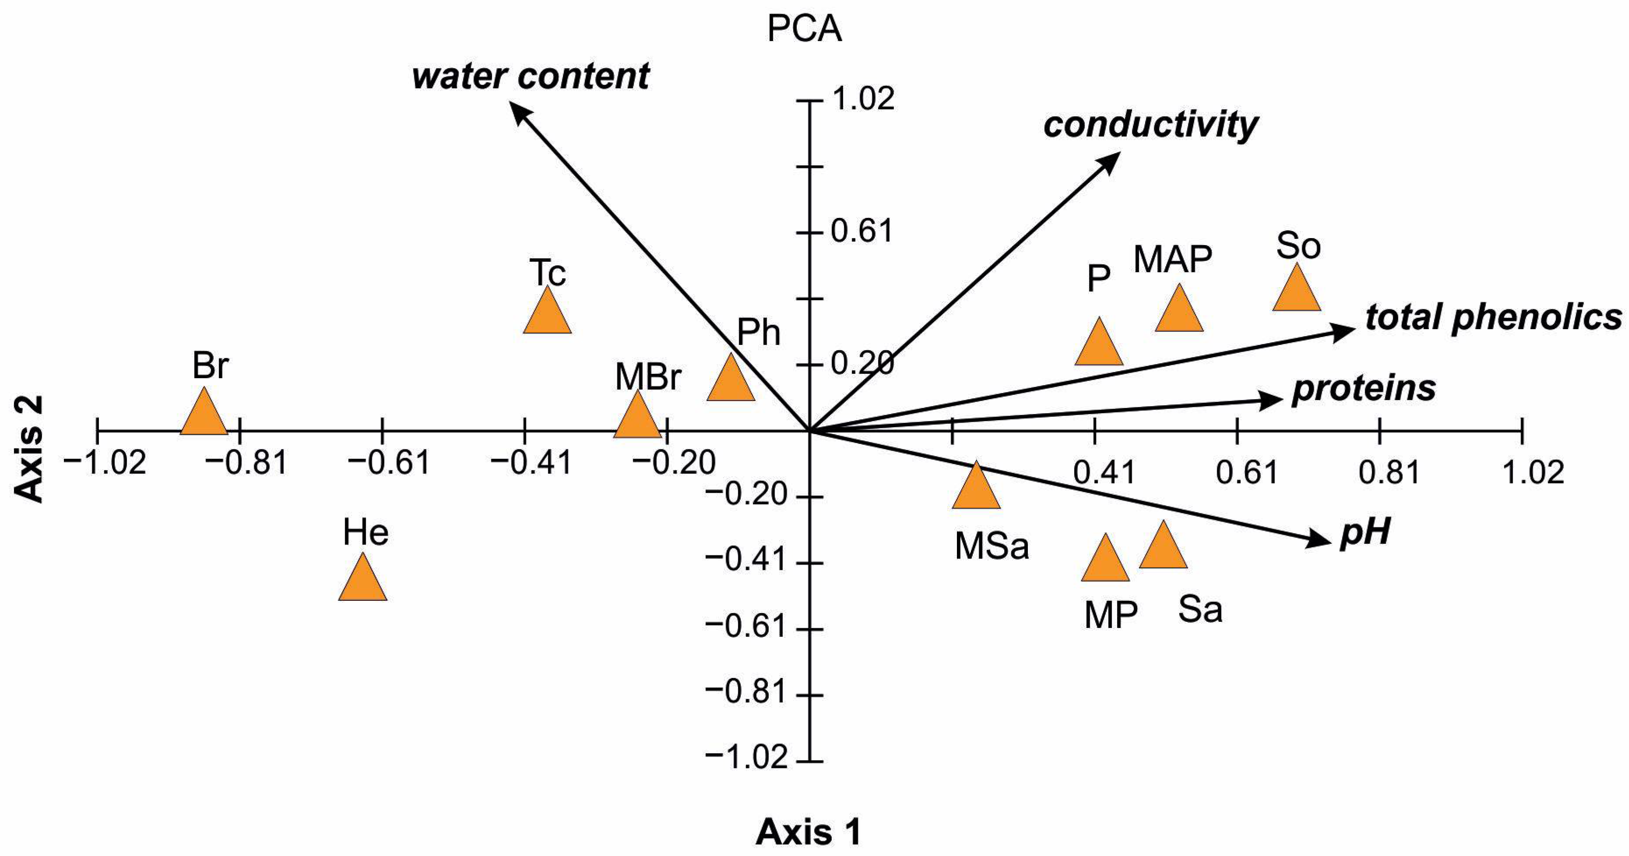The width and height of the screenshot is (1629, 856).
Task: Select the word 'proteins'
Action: (x=1363, y=389)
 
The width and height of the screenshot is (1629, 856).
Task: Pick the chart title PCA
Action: (x=804, y=29)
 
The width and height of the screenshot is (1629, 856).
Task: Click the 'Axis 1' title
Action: (x=808, y=832)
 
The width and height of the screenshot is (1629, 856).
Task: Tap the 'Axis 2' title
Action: (x=29, y=449)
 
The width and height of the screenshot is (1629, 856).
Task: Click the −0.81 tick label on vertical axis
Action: (x=746, y=693)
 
